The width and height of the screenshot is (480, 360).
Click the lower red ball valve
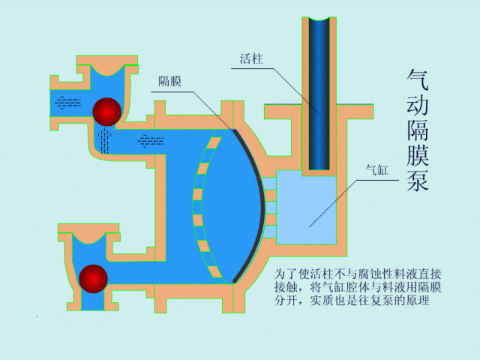[94, 277]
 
